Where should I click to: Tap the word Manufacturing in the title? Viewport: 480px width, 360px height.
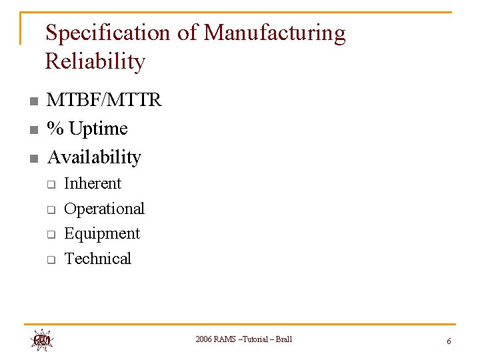click(275, 33)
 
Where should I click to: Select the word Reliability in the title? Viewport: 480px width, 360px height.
click(95, 62)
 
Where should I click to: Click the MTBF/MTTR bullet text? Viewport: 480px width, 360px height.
click(104, 100)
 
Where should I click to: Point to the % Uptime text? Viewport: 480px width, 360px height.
click(87, 128)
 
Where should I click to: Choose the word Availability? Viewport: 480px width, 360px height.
click(94, 157)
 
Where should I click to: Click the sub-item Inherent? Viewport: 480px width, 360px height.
click(93, 183)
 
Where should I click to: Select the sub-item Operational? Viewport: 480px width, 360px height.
click(104, 209)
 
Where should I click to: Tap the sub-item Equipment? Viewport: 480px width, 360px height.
click(102, 233)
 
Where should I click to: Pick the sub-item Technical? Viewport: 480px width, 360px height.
click(97, 259)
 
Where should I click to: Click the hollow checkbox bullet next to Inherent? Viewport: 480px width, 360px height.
click(50, 184)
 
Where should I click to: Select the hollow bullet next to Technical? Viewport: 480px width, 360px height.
click(50, 259)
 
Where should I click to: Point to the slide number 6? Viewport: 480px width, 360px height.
click(449, 341)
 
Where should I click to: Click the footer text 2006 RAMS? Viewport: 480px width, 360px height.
click(214, 339)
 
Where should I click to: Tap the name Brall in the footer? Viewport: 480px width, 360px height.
click(284, 339)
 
